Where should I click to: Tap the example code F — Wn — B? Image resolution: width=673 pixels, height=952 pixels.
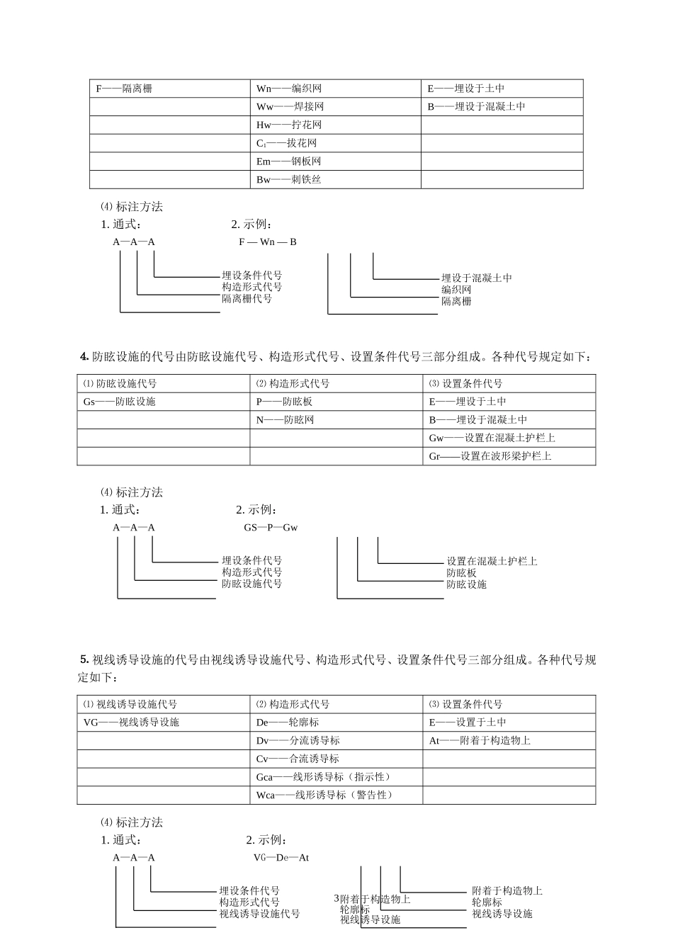tap(268, 242)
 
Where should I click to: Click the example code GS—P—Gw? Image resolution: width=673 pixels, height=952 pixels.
tap(271, 528)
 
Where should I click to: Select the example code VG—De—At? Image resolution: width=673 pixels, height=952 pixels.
tap(281, 858)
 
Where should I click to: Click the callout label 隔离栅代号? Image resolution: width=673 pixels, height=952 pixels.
tap(247, 299)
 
